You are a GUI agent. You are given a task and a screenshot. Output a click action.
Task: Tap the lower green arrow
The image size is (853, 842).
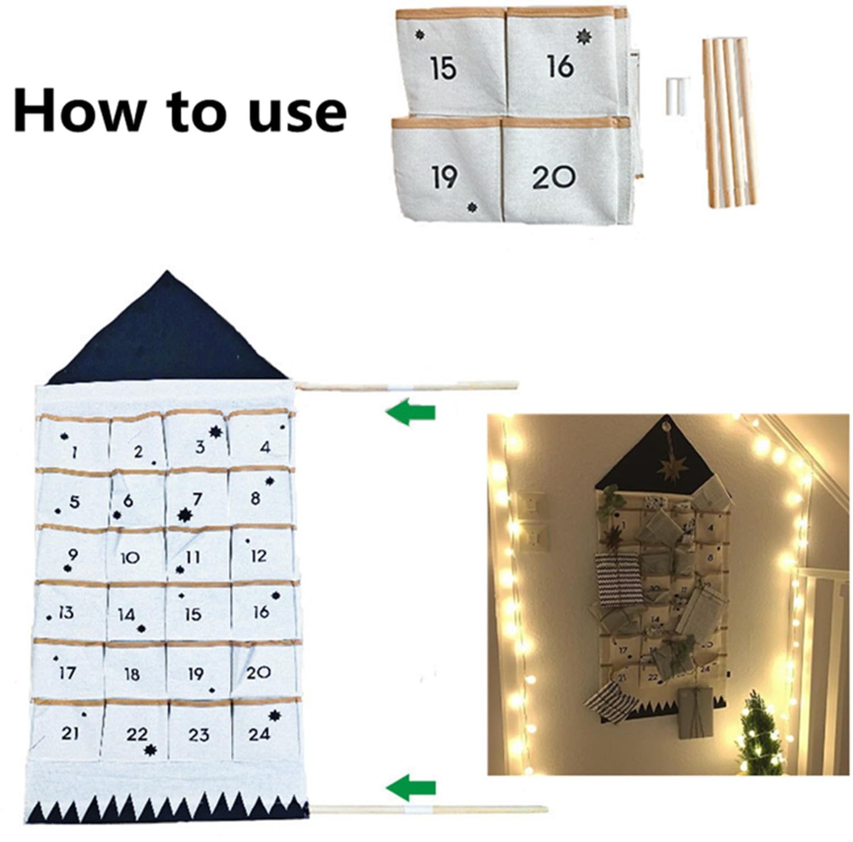[x=411, y=787]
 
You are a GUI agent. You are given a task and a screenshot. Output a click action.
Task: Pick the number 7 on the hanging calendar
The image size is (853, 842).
[x=197, y=499]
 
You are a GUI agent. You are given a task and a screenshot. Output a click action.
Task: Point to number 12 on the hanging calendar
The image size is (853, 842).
[x=259, y=556]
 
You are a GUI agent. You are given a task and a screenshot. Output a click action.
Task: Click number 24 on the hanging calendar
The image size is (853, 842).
[x=259, y=734]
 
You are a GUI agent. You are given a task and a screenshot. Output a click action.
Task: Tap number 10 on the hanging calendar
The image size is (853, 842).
[x=130, y=557]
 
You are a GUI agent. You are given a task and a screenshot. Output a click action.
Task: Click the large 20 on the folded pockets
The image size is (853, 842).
[x=553, y=176]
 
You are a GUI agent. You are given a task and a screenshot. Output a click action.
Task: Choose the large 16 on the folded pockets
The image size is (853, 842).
[x=560, y=66]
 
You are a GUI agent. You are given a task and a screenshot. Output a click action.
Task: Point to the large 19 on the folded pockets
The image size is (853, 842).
[x=444, y=176]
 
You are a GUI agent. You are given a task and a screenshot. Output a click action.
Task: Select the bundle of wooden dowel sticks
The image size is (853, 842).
[x=730, y=123]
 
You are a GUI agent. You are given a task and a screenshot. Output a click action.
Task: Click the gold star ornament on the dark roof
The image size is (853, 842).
[x=673, y=468]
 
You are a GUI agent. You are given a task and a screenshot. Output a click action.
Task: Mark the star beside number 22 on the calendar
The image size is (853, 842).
[x=151, y=750]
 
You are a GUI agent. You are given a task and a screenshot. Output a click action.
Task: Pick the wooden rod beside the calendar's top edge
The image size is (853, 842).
[x=407, y=386]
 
